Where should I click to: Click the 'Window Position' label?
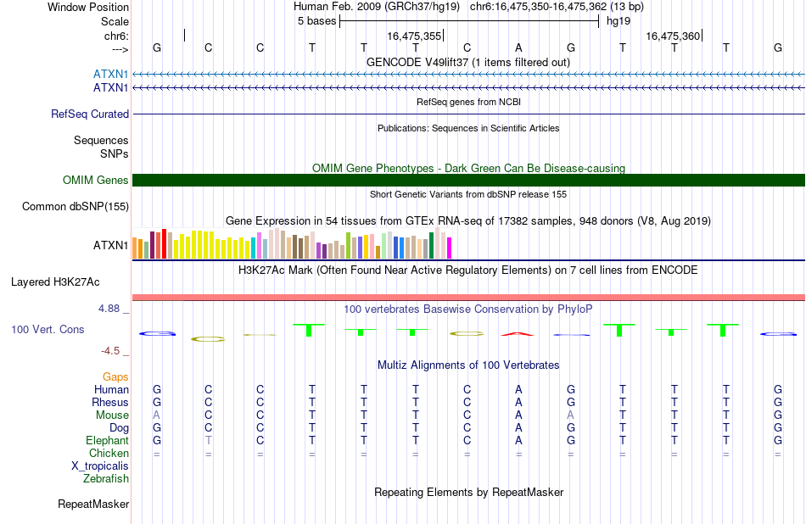pyautogui.click(x=88, y=7)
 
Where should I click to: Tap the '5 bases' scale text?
pyautogui.click(x=316, y=21)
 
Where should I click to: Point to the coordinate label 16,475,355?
pyautogui.click(x=414, y=36)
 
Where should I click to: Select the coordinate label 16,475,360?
pyautogui.click(x=673, y=36)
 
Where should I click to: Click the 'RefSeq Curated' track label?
pyautogui.click(x=90, y=114)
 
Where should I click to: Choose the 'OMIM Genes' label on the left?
pyautogui.click(x=96, y=180)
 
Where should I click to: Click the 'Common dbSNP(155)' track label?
pyautogui.click(x=76, y=207)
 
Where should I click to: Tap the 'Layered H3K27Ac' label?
pyautogui.click(x=55, y=282)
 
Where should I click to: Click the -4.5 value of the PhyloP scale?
pyautogui.click(x=110, y=351)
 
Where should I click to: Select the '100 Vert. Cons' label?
pyautogui.click(x=48, y=329)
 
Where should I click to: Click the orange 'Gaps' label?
pyautogui.click(x=115, y=377)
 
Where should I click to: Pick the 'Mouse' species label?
pyautogui.click(x=112, y=415)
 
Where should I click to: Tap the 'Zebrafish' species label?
pyautogui.click(x=106, y=479)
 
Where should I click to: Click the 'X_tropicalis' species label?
pyautogui.click(x=100, y=466)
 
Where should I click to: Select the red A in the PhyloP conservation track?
pyautogui.click(x=518, y=334)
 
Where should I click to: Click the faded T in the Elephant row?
pyautogui.click(x=208, y=440)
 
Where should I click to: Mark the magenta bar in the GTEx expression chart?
pyautogui.click(x=450, y=248)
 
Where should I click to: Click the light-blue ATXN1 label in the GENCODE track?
pyautogui.click(x=110, y=74)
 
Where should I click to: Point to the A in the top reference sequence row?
pyautogui.click(x=518, y=47)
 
